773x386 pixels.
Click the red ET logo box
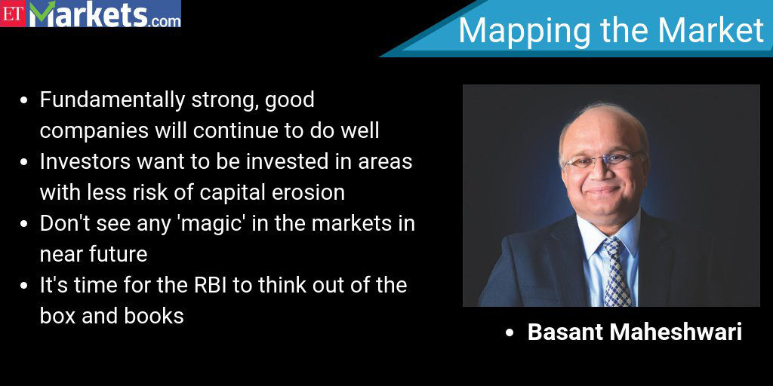coord(12,14)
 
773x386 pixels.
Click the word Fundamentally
coord(112,101)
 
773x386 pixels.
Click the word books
coord(154,316)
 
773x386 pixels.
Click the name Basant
coord(565,332)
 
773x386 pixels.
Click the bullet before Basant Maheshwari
coord(510,333)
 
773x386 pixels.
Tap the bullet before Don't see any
coord(23,225)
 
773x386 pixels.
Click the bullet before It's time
coord(23,286)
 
